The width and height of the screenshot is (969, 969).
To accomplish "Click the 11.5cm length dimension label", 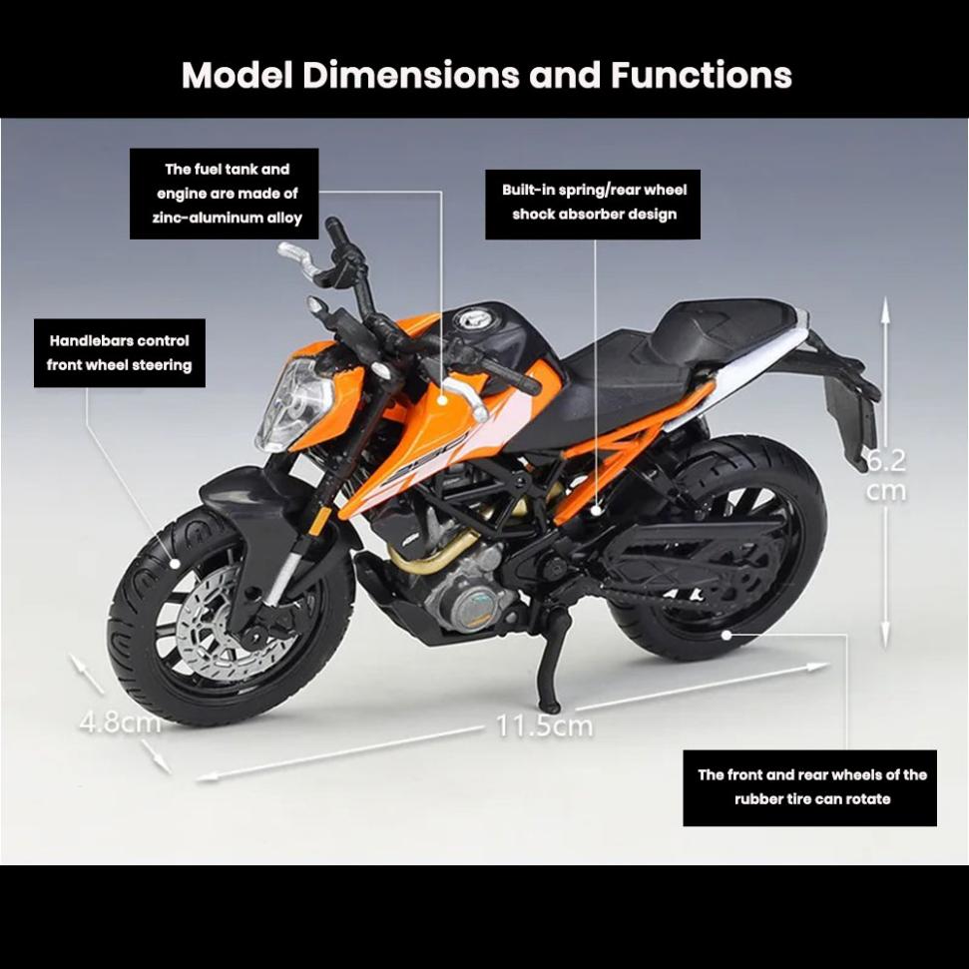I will pos(544,726).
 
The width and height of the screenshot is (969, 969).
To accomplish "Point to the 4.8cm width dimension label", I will pos(120,721).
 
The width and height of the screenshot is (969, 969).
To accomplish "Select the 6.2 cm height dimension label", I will pos(885,475).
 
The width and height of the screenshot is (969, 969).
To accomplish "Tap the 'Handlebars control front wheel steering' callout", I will pos(120,352).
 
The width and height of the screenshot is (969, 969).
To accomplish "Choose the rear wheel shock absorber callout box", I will pos(594,202).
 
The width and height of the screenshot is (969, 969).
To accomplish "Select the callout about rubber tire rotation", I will pos(810,787).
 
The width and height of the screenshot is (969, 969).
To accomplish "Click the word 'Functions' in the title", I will pos(702,75).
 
